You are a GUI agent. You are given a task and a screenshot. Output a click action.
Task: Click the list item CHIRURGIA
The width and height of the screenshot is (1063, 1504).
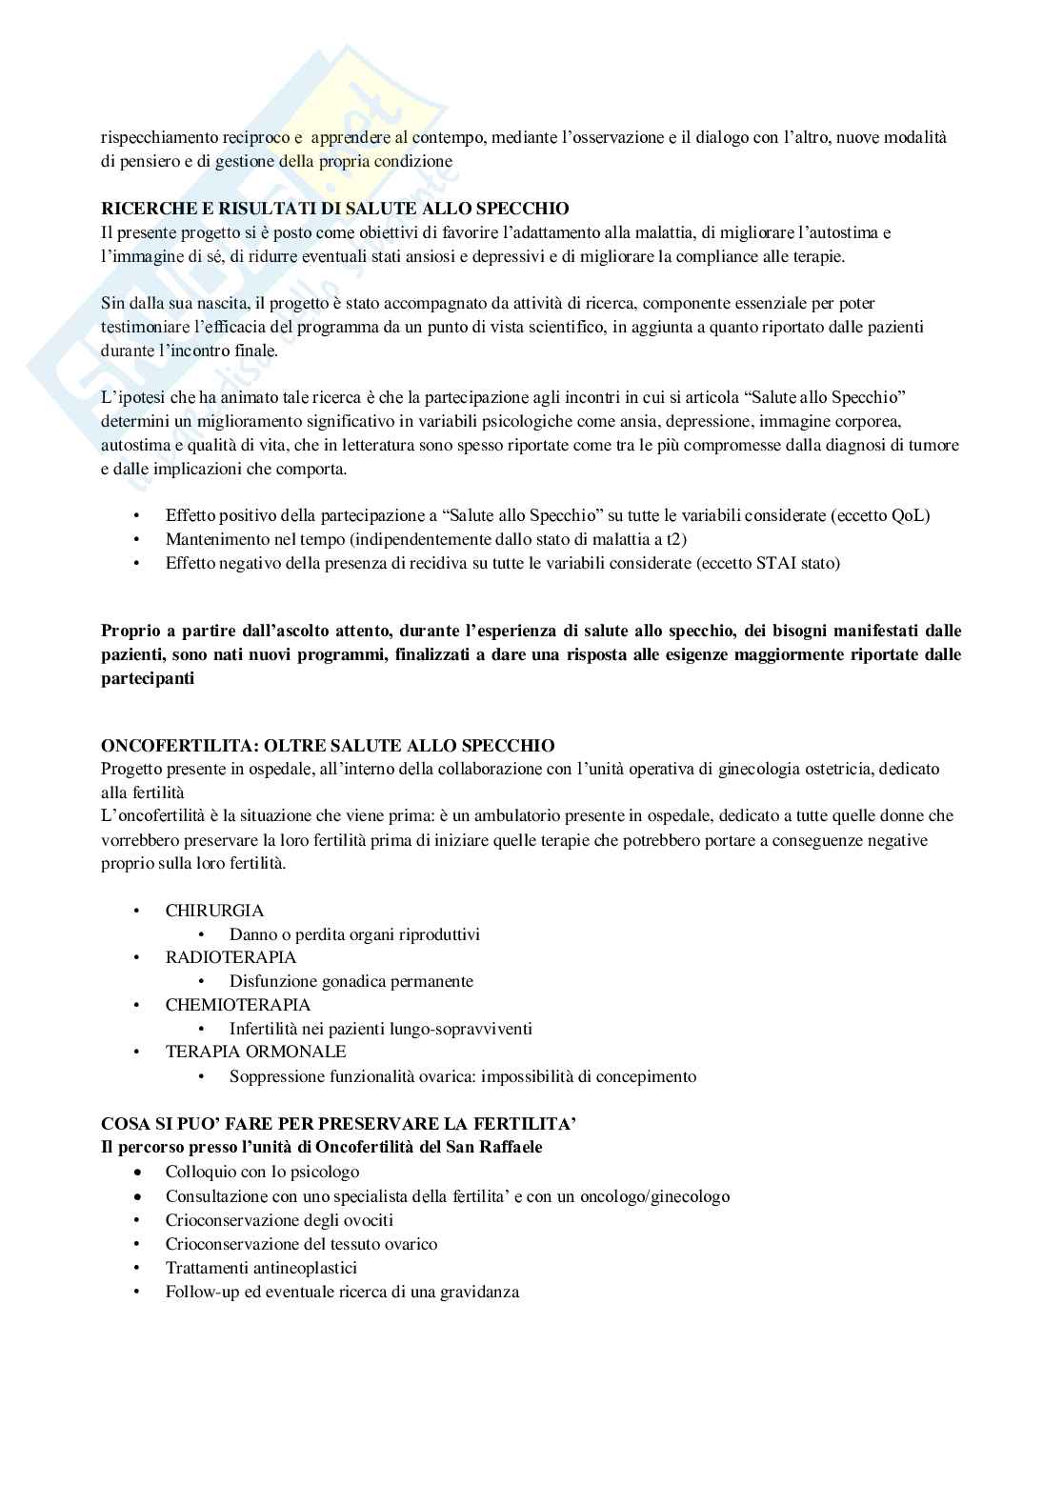point(214,911)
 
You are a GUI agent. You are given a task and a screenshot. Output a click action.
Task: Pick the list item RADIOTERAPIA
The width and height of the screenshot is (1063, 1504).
point(231,957)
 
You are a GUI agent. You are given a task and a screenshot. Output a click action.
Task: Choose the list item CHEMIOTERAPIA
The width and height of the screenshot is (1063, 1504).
point(237,1005)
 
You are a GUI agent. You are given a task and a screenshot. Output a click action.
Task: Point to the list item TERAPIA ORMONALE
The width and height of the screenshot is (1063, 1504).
point(255,1052)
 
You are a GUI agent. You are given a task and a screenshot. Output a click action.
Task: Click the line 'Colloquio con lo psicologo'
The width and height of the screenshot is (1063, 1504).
point(262,1172)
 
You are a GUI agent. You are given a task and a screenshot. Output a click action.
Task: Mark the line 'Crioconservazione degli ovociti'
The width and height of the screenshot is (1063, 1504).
point(279,1220)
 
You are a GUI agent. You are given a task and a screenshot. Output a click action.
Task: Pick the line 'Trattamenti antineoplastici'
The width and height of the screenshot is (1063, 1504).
point(261,1268)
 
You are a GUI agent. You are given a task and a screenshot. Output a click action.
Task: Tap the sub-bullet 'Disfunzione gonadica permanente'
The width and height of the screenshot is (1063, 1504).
point(351,981)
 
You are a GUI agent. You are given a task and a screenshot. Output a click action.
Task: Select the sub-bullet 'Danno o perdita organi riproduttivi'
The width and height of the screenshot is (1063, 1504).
point(354,934)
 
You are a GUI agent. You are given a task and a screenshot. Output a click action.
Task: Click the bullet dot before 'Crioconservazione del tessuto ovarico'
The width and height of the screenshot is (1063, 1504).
point(139,1244)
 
